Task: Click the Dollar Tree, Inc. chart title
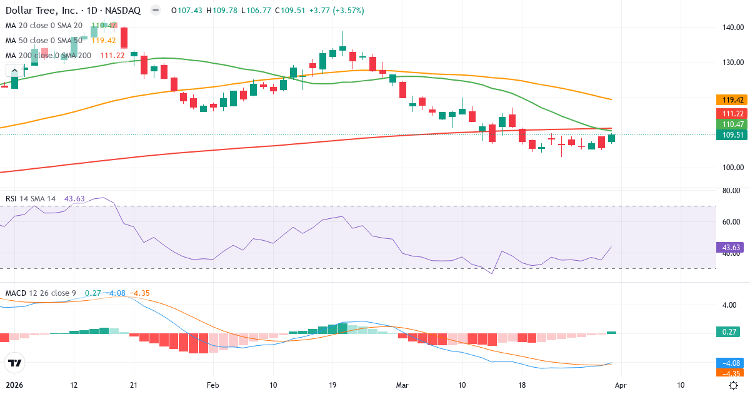click(x=42, y=11)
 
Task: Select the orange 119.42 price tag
click(x=731, y=99)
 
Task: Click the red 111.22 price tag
click(x=731, y=113)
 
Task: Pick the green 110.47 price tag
click(x=731, y=124)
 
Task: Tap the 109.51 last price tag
click(x=731, y=135)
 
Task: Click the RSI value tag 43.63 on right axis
click(x=731, y=248)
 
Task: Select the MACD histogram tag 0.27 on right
click(x=731, y=332)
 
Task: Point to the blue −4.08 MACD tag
click(x=731, y=363)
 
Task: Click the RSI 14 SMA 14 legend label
click(x=31, y=198)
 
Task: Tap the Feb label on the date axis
click(x=213, y=385)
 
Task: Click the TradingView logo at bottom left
click(x=15, y=362)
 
